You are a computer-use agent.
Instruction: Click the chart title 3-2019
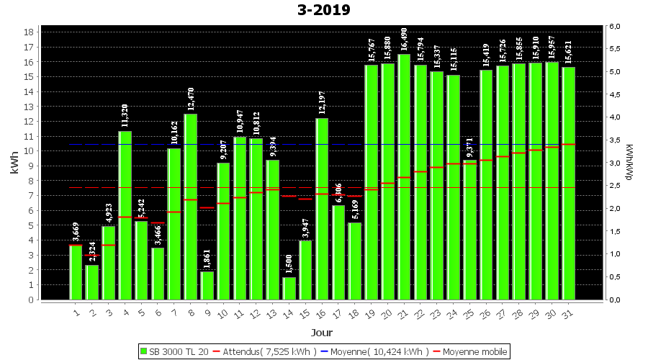[323, 10]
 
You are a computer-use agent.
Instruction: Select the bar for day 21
[404, 176]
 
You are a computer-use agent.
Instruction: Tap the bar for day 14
[289, 288]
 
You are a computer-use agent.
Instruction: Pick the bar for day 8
[191, 207]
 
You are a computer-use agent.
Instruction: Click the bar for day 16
[322, 209]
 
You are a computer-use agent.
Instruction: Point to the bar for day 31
[568, 183]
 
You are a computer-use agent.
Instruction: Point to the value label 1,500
[289, 264]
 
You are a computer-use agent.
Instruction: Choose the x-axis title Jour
[321, 333]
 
